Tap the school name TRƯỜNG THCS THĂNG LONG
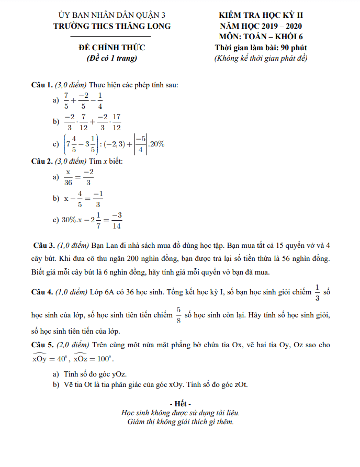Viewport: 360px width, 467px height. (111, 26)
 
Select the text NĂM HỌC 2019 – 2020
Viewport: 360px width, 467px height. (261, 26)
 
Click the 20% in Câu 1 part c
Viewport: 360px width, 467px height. (157, 144)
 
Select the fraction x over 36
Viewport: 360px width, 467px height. (68, 177)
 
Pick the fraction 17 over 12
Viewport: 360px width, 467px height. (116, 122)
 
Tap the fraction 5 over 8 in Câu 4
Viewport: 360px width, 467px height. (178, 315)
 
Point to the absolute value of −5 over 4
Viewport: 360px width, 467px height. (139, 144)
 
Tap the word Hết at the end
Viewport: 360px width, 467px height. (180, 404)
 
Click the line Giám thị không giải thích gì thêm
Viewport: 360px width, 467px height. (180, 422)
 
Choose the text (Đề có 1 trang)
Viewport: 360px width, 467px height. (111, 58)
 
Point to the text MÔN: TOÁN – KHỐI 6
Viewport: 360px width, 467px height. (261, 37)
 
